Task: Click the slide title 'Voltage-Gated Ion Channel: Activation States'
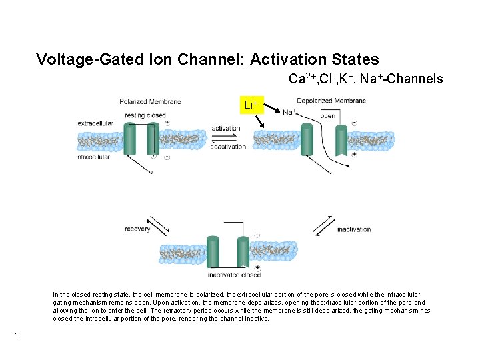[207, 60]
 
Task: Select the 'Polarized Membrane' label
[150, 101]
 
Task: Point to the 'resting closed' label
[145, 115]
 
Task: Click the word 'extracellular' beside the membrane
[95, 123]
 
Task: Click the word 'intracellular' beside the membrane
[93, 157]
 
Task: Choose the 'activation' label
[226, 128]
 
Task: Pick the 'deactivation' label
[228, 147]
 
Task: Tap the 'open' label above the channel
[327, 115]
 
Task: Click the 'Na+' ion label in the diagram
[289, 112]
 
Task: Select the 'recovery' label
[137, 229]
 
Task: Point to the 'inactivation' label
[354, 229]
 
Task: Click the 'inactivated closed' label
[234, 275]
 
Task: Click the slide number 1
[15, 335]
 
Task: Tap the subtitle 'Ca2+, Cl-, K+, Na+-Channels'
[365, 79]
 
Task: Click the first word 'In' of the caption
[56, 294]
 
